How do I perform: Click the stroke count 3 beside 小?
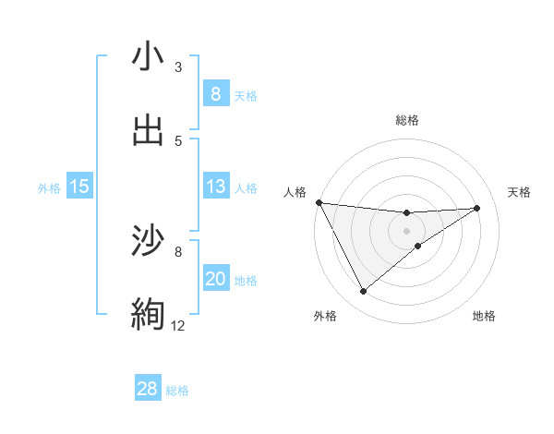click(178, 67)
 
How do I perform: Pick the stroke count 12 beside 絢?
click(178, 325)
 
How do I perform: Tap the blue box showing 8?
click(215, 94)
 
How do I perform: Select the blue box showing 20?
click(215, 279)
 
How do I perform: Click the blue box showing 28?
click(148, 389)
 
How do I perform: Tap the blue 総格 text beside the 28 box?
click(177, 391)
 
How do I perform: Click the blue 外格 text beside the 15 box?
click(49, 187)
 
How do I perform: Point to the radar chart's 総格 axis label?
click(406, 120)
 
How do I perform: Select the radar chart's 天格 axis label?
click(520, 192)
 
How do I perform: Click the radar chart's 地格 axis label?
click(484, 316)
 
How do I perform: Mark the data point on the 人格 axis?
click(319, 202)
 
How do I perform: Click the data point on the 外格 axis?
click(363, 292)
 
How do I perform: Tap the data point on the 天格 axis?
click(477, 208)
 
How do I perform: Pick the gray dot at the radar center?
click(406, 231)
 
